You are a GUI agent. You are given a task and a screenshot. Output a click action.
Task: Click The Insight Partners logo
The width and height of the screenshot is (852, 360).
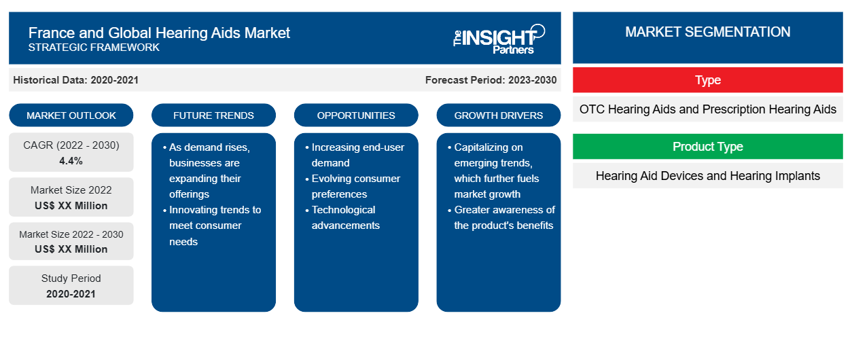[499, 39]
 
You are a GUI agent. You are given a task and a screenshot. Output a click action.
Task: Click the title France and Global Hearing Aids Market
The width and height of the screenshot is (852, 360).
[159, 33]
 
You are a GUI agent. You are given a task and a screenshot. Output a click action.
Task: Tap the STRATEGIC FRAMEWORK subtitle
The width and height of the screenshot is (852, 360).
[94, 48]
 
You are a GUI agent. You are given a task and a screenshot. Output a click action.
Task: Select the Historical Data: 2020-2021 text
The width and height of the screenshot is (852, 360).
[75, 80]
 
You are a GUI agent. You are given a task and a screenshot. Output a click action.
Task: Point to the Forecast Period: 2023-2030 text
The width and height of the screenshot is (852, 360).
[491, 80]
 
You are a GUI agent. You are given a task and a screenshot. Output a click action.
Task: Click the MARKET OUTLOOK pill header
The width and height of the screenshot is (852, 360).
[71, 115]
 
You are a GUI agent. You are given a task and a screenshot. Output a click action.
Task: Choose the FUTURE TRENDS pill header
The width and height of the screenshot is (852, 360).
[213, 115]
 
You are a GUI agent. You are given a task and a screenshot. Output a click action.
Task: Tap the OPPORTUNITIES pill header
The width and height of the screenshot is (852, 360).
[356, 115]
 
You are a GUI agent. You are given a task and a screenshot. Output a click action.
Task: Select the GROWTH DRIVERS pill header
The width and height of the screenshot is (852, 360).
[498, 115]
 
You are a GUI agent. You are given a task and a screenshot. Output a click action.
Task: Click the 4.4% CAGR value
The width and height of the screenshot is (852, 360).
[71, 161]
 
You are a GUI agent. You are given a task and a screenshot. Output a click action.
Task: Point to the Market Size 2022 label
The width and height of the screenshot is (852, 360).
[71, 190]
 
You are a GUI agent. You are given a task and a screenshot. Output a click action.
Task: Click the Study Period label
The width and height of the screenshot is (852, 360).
[71, 278]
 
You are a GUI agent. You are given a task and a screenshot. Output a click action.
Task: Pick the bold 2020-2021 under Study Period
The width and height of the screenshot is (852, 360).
[71, 294]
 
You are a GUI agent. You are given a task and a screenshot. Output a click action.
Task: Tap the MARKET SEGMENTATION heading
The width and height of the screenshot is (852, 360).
[707, 32]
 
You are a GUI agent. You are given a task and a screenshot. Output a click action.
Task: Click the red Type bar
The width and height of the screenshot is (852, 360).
[708, 80]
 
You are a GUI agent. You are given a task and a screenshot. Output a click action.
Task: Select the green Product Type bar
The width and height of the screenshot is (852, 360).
[708, 146]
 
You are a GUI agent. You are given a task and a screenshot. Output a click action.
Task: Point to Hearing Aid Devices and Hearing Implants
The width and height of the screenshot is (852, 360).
[708, 176]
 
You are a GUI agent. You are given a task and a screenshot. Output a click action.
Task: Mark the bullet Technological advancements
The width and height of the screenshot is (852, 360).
[342, 217]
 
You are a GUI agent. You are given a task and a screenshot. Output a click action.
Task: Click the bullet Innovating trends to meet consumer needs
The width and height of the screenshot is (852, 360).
[212, 226]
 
